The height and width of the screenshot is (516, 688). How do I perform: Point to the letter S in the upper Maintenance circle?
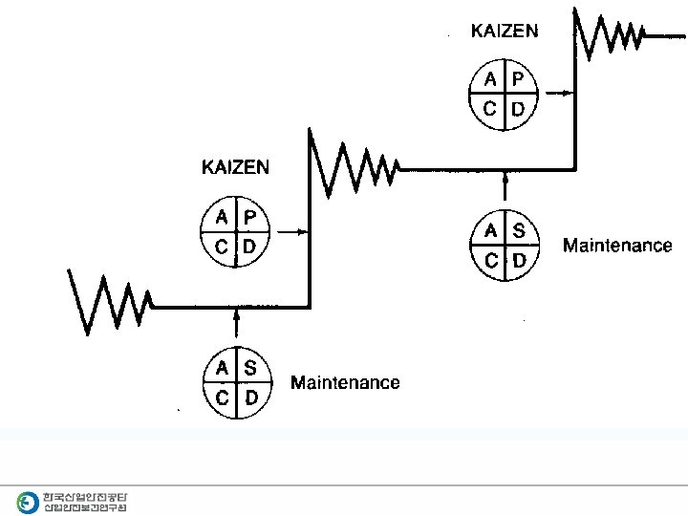point(519,230)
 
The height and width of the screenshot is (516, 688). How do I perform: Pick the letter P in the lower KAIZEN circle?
point(249,218)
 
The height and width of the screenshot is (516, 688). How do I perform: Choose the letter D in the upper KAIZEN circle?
point(517,109)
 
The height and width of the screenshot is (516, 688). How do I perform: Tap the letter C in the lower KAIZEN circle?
point(221,247)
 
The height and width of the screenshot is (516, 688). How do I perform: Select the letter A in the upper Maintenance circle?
point(491,230)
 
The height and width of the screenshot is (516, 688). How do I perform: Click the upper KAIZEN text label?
point(505,31)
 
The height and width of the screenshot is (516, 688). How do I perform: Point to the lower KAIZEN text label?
point(235,167)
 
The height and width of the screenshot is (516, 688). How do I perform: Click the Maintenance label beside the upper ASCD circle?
point(617,246)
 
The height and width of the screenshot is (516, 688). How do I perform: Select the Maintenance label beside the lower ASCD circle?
point(345,383)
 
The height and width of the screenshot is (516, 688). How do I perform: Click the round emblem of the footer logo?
point(28,500)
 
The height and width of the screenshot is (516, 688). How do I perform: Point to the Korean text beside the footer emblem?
point(85,501)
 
